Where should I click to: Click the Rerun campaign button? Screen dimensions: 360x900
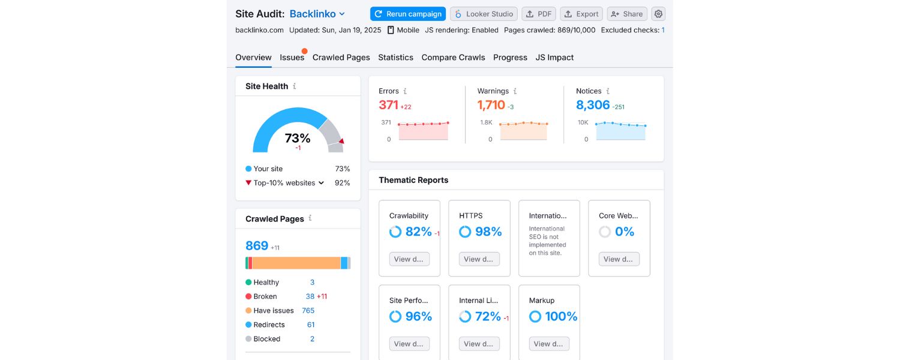point(408,14)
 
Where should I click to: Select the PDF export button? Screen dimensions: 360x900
point(539,14)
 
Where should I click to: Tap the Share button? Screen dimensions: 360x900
point(626,14)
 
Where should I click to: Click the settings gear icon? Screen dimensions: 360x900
point(659,14)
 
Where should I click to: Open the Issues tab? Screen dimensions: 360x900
point(292,58)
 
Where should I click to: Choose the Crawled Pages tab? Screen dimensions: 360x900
point(341,58)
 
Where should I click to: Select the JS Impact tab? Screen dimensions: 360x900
point(554,58)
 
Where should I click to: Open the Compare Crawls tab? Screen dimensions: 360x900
point(453,58)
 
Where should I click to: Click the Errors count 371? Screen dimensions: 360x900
point(389,105)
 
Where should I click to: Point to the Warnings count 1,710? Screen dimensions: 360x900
point(491,105)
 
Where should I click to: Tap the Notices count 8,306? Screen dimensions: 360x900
point(593,105)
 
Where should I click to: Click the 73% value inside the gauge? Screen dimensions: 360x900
point(298,138)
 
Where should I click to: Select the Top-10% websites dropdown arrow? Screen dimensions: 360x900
point(321,183)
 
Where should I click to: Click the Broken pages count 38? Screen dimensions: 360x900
point(310,296)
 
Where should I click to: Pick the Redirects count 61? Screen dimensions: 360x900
point(311,325)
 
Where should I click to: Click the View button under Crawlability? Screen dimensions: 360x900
point(409,259)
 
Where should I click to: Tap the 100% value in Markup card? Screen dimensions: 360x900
point(561,316)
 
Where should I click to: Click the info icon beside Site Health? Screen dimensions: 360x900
point(294,86)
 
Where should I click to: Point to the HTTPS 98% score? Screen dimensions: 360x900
point(488,232)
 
